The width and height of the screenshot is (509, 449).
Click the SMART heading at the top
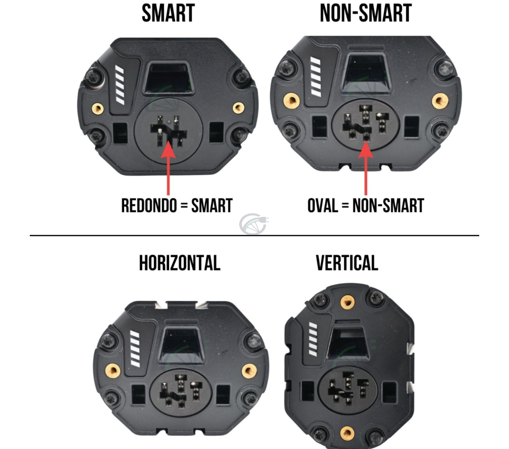[x=168, y=14]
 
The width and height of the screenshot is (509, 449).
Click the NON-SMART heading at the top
[x=366, y=14]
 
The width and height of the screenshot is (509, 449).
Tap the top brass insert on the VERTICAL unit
[x=347, y=302]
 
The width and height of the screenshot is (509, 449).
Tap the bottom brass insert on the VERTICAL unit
[x=347, y=434]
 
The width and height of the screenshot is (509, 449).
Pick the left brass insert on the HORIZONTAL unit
[x=112, y=371]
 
